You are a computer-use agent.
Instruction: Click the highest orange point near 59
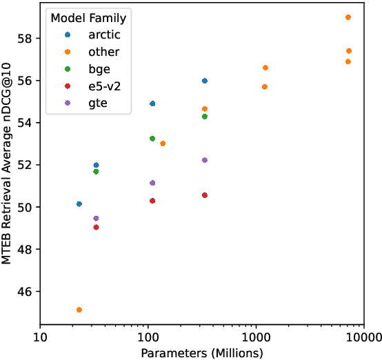pos(348,17)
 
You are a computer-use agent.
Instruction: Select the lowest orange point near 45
pos(79,310)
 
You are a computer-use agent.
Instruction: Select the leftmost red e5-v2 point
pos(96,228)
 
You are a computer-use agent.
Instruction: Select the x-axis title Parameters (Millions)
pos(202,352)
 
